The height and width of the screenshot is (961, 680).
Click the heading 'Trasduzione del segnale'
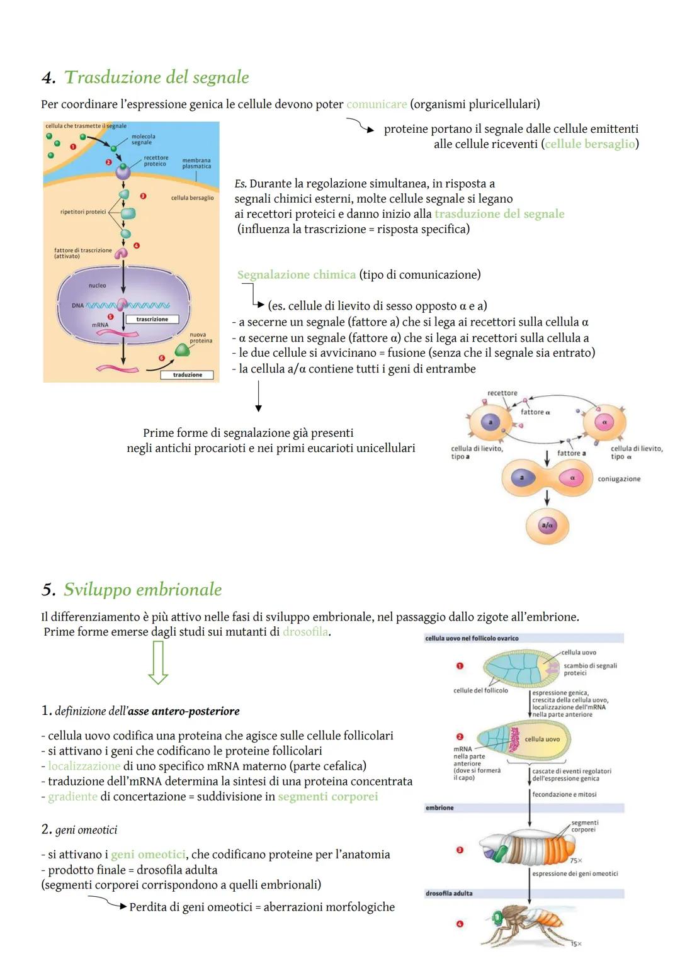pos(157,77)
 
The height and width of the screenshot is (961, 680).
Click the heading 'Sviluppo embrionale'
pos(143,590)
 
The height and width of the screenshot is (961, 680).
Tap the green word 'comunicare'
pos(377,104)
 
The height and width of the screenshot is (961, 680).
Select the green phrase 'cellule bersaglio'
pos(590,144)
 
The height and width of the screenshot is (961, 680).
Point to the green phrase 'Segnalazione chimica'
pos(297,274)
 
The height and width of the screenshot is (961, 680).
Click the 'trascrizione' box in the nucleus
pos(152,319)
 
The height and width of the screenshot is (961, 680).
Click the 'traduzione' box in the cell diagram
pos(188,374)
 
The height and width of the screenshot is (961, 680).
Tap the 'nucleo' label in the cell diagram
pos(97,286)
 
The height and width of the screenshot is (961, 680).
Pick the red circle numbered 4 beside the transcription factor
pos(136,245)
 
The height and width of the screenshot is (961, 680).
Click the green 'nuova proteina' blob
pos(182,350)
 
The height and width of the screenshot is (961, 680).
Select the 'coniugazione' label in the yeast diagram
pos(619,479)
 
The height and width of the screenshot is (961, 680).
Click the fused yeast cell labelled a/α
pos(547,525)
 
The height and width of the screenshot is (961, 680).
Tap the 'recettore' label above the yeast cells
pos(502,393)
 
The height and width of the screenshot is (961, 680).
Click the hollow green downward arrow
pos(157,662)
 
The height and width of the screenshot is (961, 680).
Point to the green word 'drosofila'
pos(305,632)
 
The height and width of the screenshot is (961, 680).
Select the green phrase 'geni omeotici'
pos(148,855)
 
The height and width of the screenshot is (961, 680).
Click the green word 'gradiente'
pos(72,797)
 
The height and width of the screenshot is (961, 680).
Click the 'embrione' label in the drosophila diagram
pos(439,807)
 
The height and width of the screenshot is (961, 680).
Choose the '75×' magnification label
pos(575,860)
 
